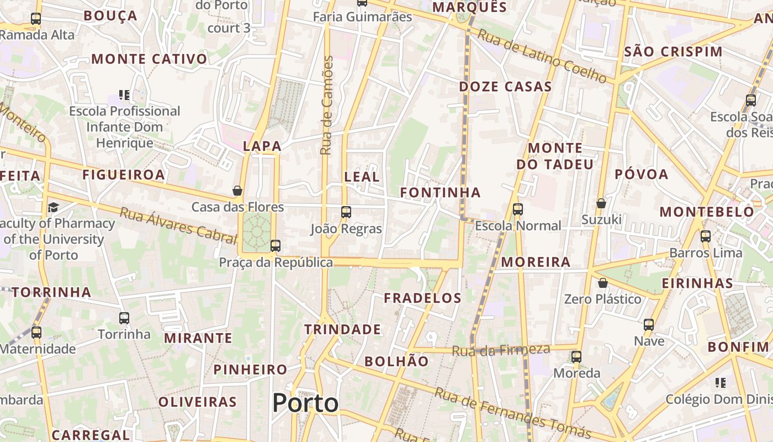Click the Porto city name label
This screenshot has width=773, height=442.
pyautogui.click(x=305, y=403)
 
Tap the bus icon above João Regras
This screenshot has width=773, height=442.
pyautogui.click(x=346, y=212)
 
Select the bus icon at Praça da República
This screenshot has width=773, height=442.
pyautogui.click(x=275, y=246)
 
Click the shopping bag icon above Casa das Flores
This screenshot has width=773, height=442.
pyautogui.click(x=237, y=191)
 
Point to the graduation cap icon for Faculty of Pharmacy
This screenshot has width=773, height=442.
pyautogui.click(x=53, y=207)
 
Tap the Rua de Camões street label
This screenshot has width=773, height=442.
pyautogui.click(x=327, y=105)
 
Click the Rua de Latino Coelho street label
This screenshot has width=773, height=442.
pyautogui.click(x=542, y=56)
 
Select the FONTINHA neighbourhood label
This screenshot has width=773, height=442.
pyautogui.click(x=440, y=192)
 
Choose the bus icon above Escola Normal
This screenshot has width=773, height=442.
pyautogui.click(x=517, y=209)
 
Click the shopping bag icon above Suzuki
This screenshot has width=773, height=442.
pyautogui.click(x=601, y=203)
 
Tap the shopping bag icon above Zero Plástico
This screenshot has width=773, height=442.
pyautogui.click(x=603, y=283)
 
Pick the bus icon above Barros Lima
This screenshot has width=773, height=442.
pyautogui.click(x=705, y=236)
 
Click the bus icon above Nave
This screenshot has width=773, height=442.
pyautogui.click(x=649, y=325)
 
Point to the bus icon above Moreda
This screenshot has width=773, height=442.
pyautogui.click(x=576, y=357)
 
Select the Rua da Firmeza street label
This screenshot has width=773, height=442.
pyautogui.click(x=501, y=350)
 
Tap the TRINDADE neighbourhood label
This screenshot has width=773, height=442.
pyautogui.click(x=342, y=330)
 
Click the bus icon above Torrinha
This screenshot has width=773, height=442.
pyautogui.click(x=124, y=318)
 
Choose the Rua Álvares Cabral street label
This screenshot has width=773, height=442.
pyautogui.click(x=178, y=225)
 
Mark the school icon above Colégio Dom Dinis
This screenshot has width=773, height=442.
pyautogui.click(x=720, y=382)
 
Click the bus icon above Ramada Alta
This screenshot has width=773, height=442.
pyautogui.click(x=36, y=19)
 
